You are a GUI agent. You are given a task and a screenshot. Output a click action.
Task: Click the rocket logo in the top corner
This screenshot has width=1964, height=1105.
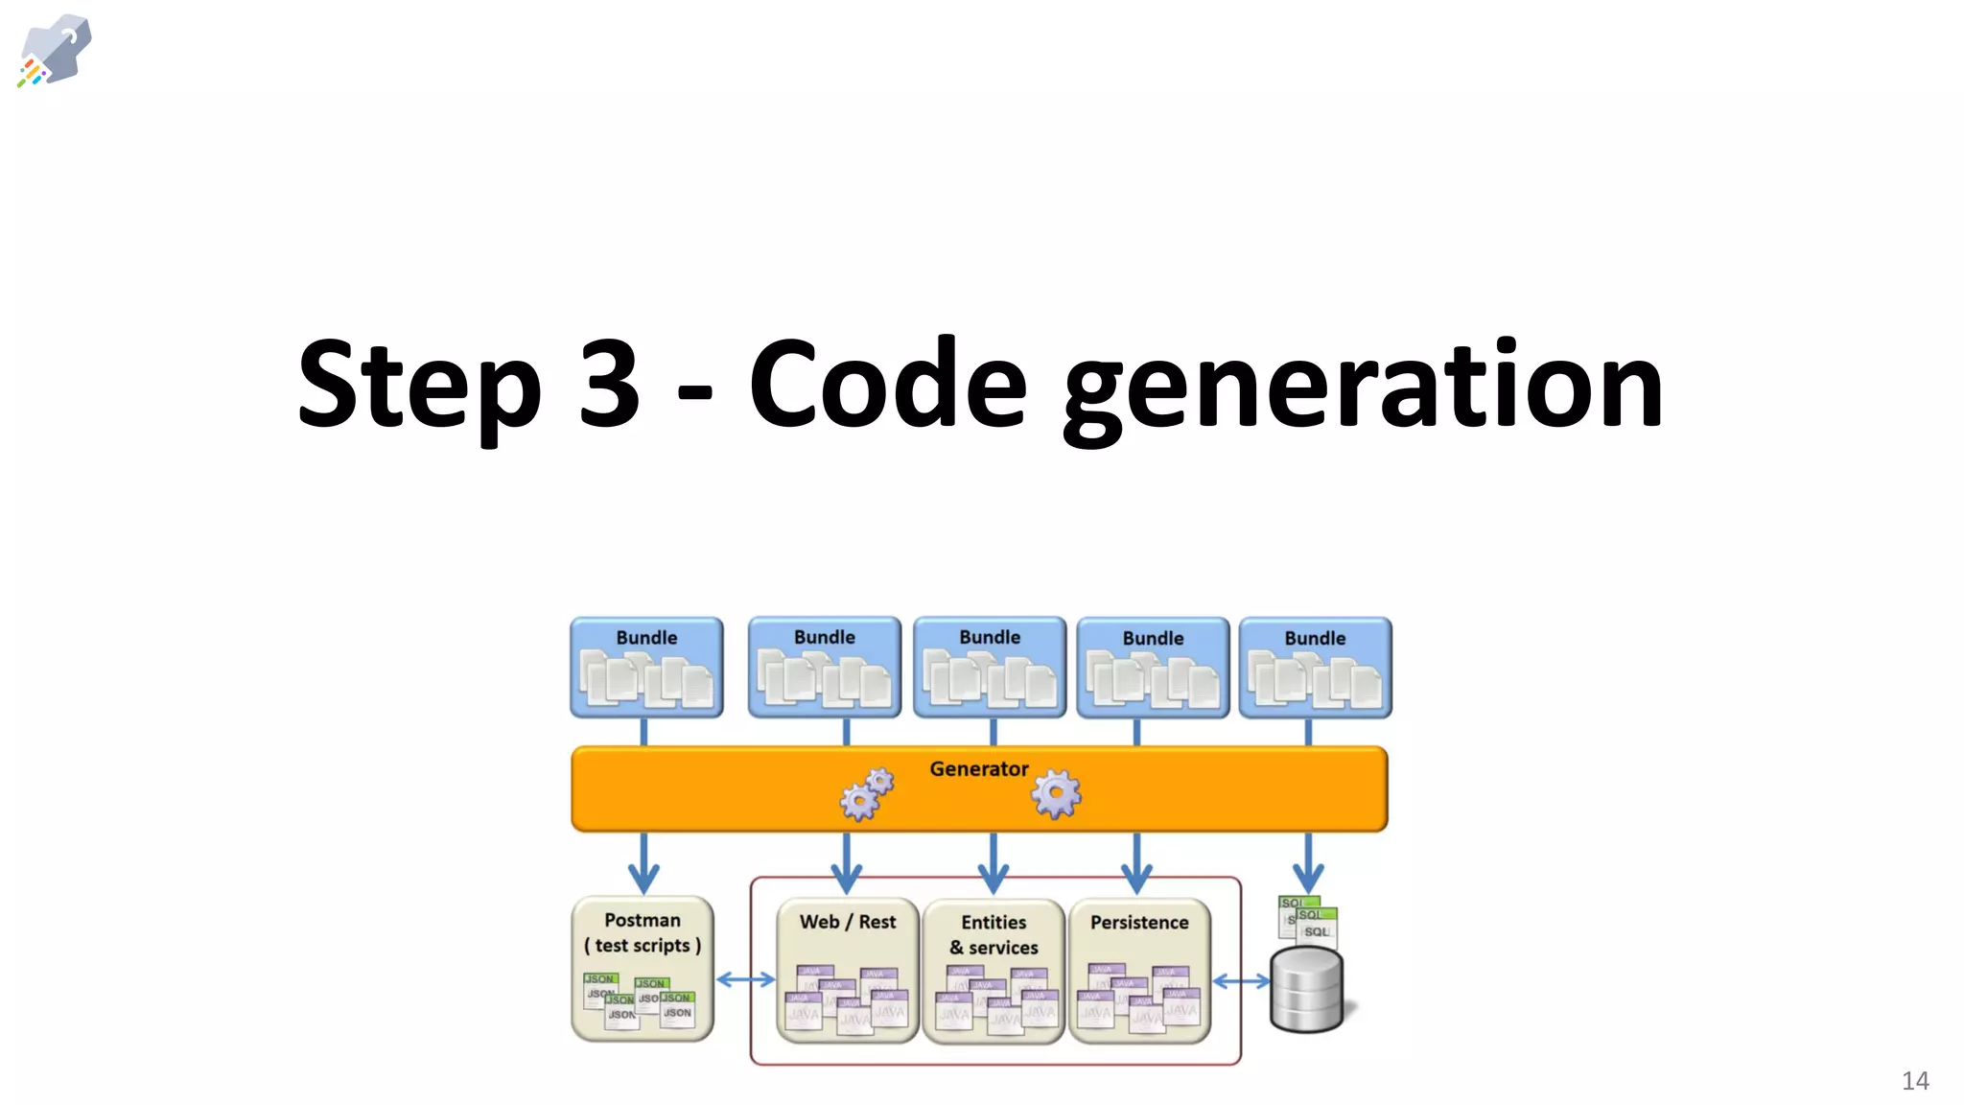tap(55, 50)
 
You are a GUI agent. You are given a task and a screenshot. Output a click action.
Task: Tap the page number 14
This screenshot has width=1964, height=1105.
tap(1914, 1081)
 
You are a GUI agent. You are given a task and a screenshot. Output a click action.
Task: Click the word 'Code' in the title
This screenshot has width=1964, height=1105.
tap(887, 384)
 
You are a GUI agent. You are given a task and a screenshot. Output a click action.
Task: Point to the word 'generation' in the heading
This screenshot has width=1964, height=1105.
tap(1363, 388)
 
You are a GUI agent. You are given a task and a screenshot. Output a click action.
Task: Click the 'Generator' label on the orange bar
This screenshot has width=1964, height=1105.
tap(978, 769)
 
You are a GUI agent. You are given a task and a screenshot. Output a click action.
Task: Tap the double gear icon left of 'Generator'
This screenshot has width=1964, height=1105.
tap(866, 794)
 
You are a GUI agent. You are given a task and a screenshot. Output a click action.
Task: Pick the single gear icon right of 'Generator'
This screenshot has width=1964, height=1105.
tap(1056, 794)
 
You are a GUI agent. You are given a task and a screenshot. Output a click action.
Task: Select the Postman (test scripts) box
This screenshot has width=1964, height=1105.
tap(643, 969)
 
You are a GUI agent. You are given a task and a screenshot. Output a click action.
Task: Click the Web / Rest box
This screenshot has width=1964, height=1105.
tap(848, 971)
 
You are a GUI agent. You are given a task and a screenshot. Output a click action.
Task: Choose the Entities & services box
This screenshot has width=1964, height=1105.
tap(994, 971)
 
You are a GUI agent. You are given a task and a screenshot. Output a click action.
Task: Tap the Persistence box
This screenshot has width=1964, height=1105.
tap(1139, 971)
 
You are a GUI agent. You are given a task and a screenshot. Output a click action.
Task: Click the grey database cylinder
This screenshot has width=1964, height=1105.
tap(1306, 990)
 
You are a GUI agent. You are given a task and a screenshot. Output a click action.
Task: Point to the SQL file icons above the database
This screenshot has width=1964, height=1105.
tap(1308, 918)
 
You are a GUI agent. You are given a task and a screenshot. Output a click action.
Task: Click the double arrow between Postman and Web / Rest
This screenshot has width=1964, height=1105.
tap(745, 979)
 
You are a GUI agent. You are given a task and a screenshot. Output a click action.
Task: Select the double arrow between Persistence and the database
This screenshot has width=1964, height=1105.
tap(1241, 981)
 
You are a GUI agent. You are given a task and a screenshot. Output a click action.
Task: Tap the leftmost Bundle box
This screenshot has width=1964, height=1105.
tap(646, 668)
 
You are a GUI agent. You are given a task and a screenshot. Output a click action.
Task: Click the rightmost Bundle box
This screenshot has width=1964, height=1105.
tap(1315, 668)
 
